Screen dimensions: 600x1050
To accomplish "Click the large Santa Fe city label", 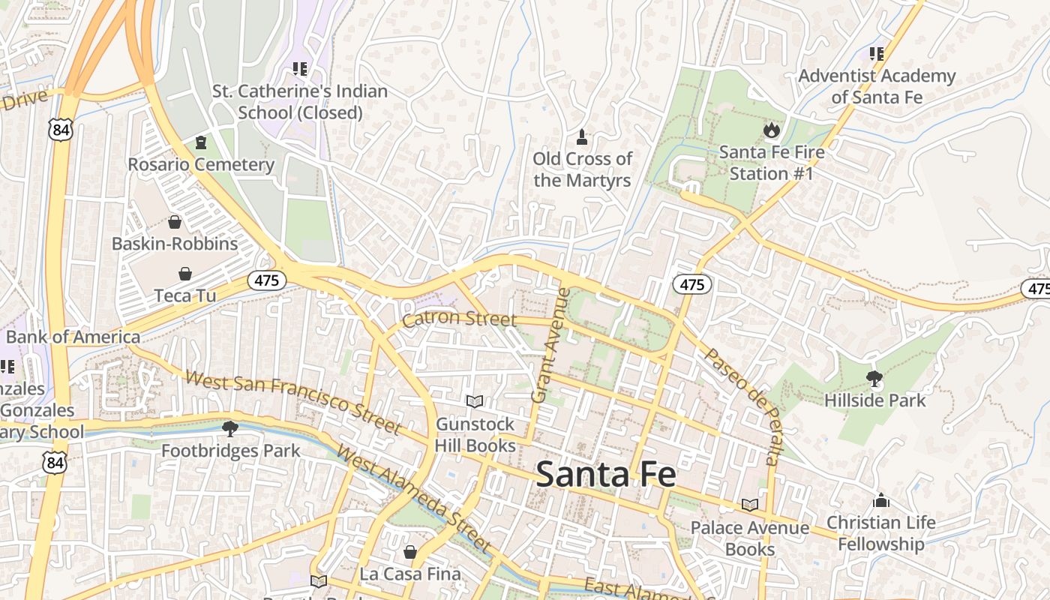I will [x=606, y=475].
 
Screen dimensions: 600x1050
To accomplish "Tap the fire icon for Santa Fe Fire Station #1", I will [x=771, y=130].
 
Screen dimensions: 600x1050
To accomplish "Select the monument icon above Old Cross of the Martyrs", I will [x=581, y=137].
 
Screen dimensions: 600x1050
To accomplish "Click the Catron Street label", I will [x=459, y=319].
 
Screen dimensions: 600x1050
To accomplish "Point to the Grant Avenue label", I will [x=550, y=345].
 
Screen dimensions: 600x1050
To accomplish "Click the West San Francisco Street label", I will [x=292, y=402].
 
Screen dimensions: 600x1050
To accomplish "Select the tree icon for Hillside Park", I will [x=874, y=378].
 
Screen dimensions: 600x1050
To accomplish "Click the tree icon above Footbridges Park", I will [x=230, y=429].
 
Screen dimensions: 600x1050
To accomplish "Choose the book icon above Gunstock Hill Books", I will [x=475, y=402].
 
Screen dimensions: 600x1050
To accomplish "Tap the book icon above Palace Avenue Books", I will [x=749, y=505].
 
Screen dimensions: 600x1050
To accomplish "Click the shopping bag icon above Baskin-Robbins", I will [x=175, y=222].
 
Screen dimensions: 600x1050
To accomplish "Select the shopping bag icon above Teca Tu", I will [x=185, y=274].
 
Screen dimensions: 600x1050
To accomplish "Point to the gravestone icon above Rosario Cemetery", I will [x=200, y=142].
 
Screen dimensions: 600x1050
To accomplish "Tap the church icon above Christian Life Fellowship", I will [x=881, y=500].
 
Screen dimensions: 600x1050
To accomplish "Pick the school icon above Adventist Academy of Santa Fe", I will [x=876, y=54].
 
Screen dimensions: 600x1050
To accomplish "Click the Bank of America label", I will [x=73, y=337].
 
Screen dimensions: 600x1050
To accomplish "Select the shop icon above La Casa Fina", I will [x=410, y=552].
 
